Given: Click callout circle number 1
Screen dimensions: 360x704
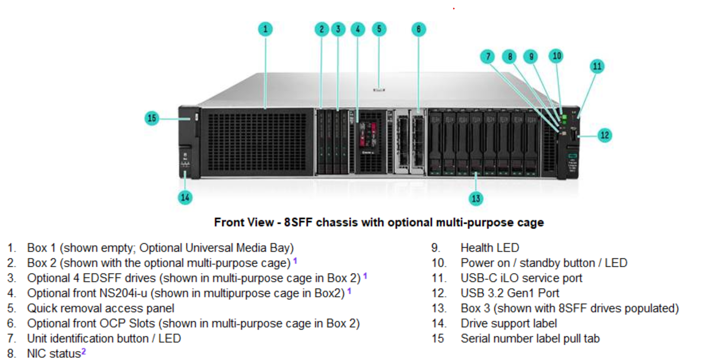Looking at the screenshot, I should (265, 29).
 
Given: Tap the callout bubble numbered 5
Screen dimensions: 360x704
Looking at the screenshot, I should (378, 29).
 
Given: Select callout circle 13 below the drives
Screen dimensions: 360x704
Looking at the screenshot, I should (476, 198).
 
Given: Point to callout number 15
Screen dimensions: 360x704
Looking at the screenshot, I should (152, 118).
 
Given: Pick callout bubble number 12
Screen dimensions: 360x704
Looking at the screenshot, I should (605, 135).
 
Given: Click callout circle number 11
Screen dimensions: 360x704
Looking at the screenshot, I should (597, 66).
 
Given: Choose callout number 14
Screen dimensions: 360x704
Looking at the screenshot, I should (185, 197).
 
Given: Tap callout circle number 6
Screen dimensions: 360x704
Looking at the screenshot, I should (418, 29).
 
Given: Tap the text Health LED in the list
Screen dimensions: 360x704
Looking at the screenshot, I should (490, 248).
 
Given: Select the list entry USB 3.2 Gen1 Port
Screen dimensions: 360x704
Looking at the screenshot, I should (510, 293).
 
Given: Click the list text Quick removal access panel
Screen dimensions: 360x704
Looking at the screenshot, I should (101, 308).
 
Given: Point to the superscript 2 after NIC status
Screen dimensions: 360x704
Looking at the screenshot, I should (83, 351).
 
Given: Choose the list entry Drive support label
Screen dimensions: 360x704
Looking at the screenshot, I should (509, 323).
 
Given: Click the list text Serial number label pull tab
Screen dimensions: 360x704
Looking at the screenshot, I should (530, 338).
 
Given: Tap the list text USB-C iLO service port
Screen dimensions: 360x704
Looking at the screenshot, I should (521, 278).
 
